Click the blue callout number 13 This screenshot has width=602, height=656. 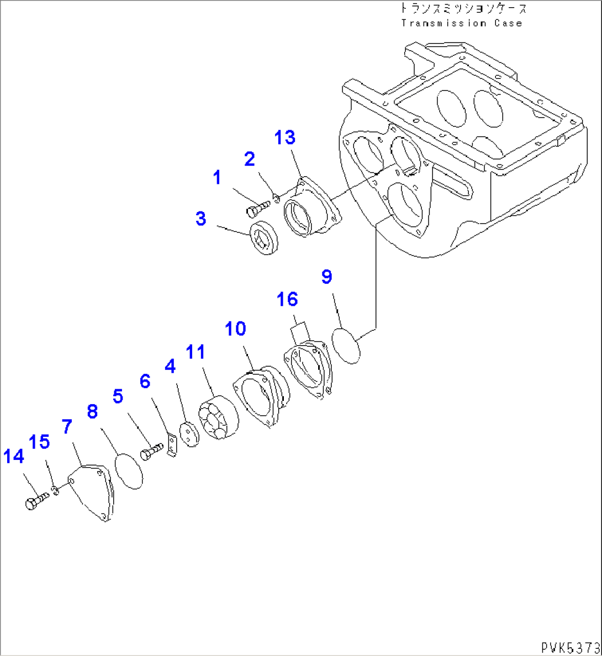click(x=286, y=137)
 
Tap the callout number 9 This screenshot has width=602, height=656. click(x=327, y=277)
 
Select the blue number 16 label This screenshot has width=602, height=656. click(x=288, y=300)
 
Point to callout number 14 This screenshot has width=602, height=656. click(x=14, y=457)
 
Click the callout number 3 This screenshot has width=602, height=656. click(x=200, y=219)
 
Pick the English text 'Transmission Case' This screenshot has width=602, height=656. click(x=461, y=23)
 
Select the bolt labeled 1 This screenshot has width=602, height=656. click(x=257, y=209)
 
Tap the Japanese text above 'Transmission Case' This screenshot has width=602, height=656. click(x=463, y=9)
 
